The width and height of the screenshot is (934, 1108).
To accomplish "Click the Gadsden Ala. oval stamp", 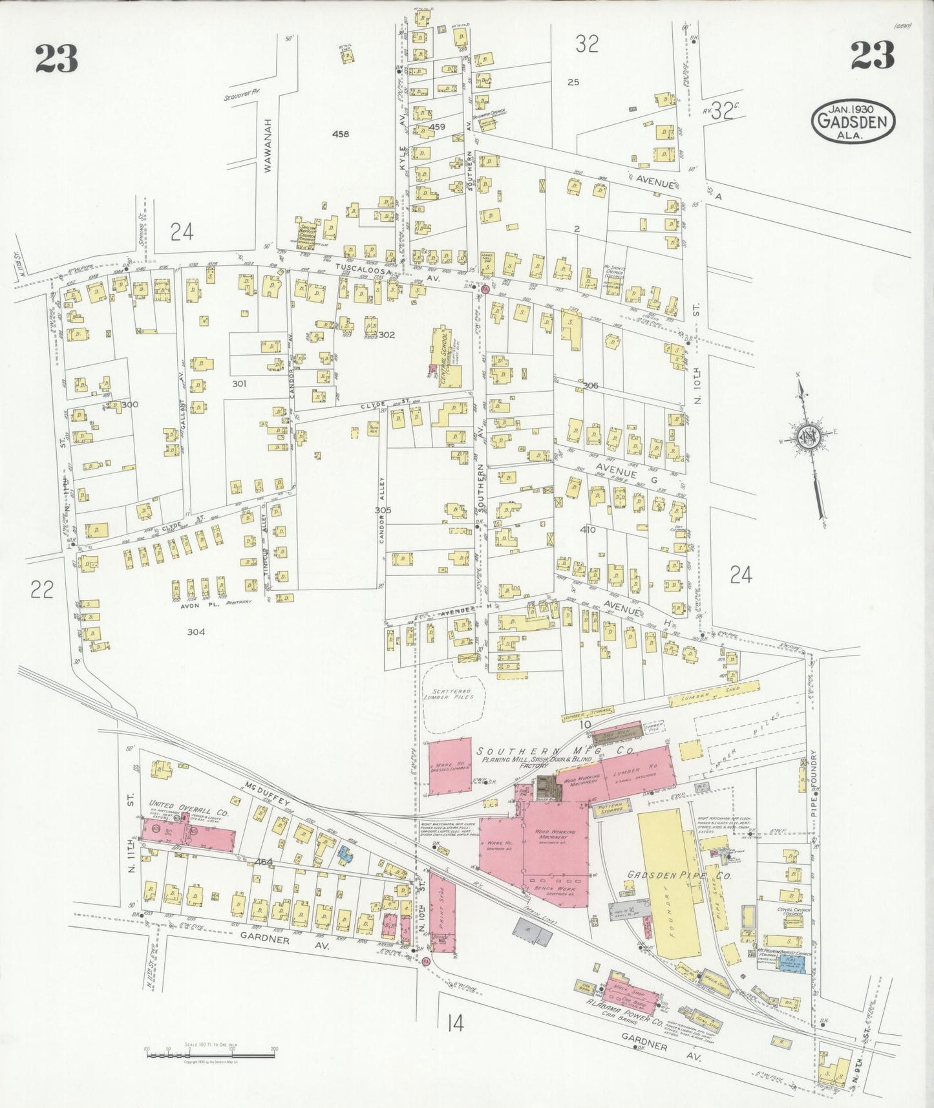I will pyautogui.click(x=853, y=121).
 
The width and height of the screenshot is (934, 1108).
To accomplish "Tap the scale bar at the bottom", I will pyautogui.click(x=212, y=1054).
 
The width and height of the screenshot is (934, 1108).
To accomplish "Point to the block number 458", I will pyautogui.click(x=340, y=134).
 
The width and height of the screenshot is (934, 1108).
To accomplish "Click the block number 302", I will pyautogui.click(x=387, y=335).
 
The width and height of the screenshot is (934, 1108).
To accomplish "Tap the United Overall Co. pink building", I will pyautogui.click(x=187, y=835).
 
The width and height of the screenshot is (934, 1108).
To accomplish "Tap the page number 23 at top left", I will pyautogui.click(x=56, y=59).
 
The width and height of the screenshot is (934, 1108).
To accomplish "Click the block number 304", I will pyautogui.click(x=196, y=632).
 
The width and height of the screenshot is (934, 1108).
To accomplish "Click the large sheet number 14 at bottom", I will pyautogui.click(x=454, y=1024).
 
